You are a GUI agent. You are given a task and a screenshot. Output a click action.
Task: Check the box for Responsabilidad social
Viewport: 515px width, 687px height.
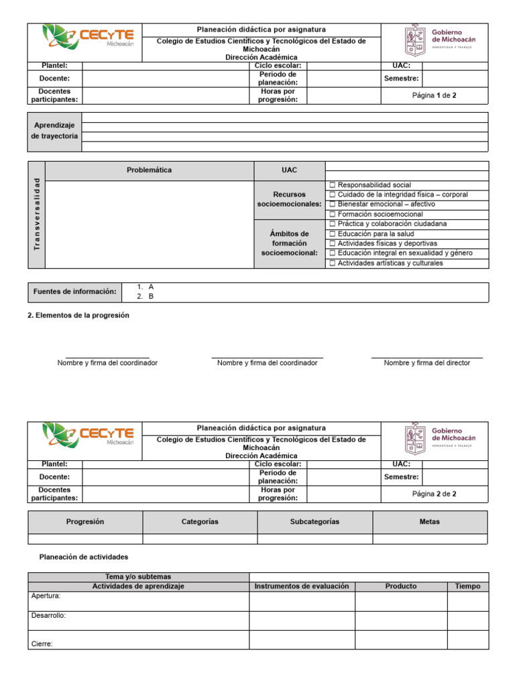332,184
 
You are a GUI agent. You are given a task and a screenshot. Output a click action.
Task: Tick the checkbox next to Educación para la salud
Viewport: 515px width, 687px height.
332,233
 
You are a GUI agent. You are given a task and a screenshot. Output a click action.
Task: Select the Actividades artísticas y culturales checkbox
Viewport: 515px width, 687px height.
332,263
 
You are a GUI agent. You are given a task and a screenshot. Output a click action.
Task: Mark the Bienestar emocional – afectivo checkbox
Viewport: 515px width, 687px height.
332,204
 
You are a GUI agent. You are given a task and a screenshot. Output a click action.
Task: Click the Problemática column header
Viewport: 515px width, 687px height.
149,170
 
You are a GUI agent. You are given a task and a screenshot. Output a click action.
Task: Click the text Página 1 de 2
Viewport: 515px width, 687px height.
434,96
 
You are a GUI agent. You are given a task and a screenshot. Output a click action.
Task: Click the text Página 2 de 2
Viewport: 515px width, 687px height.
434,494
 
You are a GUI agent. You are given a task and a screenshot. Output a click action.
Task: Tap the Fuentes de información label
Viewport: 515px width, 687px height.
74,291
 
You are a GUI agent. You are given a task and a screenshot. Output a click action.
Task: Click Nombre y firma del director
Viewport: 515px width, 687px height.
426,363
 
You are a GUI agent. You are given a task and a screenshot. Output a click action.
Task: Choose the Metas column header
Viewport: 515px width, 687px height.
430,521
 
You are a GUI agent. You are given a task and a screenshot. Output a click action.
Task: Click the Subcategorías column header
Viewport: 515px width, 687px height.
314,521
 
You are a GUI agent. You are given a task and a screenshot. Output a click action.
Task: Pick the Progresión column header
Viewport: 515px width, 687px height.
85,521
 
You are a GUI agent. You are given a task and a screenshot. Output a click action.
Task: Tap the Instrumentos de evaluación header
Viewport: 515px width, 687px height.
302,586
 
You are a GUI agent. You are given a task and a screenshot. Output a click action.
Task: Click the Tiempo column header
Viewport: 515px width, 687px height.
467,586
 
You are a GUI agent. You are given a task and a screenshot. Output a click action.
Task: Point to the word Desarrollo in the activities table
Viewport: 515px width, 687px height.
48,616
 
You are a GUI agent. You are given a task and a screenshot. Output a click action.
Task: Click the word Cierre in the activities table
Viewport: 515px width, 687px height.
42,644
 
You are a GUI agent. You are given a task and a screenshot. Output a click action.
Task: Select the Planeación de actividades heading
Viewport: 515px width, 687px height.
84,557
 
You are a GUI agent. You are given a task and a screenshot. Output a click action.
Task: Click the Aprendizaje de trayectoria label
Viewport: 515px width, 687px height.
55,131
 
